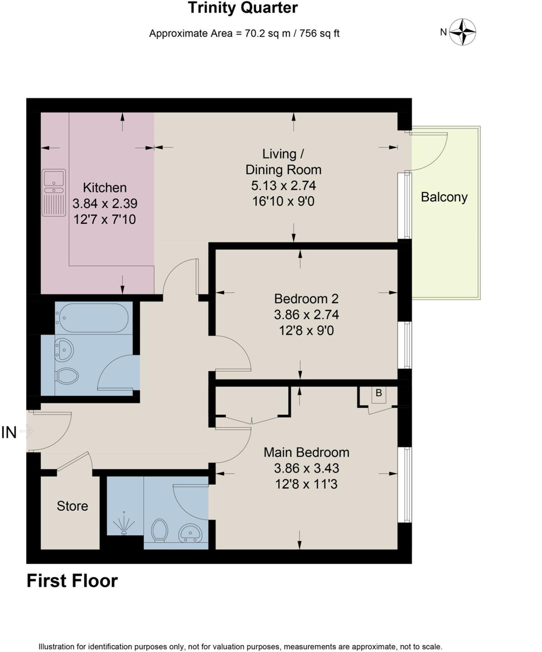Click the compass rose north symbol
462,32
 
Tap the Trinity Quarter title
242,8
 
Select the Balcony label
444,197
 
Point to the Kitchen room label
104,187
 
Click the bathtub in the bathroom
92,317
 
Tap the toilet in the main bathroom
67,376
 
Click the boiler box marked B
379,394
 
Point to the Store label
72,506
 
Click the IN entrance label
9,432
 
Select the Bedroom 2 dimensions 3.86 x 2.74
306,315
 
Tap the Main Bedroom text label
306,452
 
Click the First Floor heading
72,581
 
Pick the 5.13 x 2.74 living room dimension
283,185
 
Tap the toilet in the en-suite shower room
159,530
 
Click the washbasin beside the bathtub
63,349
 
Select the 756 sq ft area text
319,33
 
